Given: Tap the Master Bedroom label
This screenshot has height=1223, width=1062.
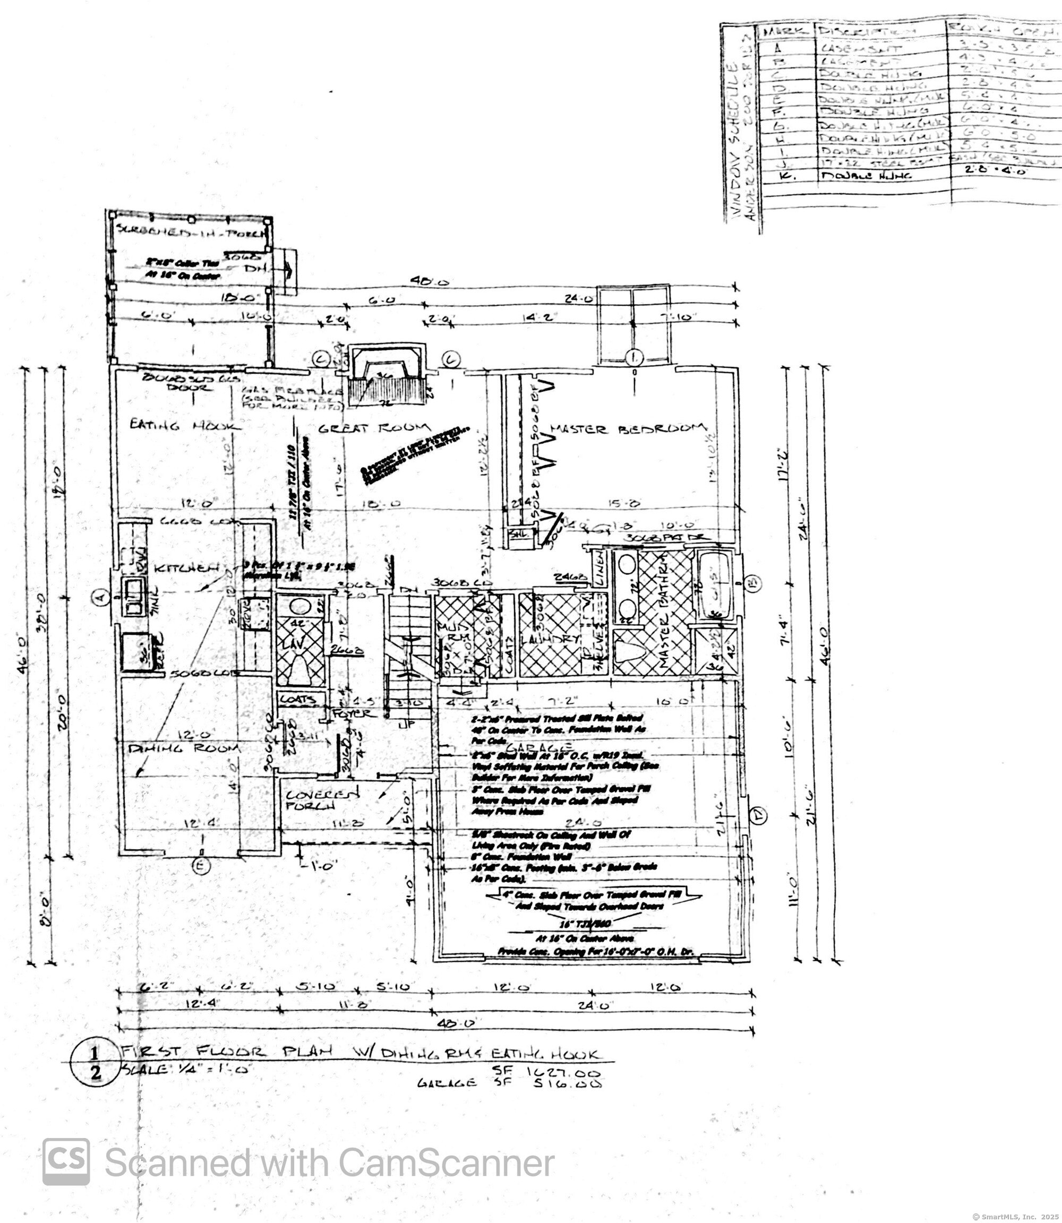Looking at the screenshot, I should (629, 428).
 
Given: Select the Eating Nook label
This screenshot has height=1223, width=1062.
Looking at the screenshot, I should (185, 425).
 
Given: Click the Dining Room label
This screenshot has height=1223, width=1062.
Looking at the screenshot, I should (184, 748).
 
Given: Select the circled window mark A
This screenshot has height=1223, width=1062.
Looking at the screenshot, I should (100, 596).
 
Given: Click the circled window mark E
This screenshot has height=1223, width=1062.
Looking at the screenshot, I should (201, 866).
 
